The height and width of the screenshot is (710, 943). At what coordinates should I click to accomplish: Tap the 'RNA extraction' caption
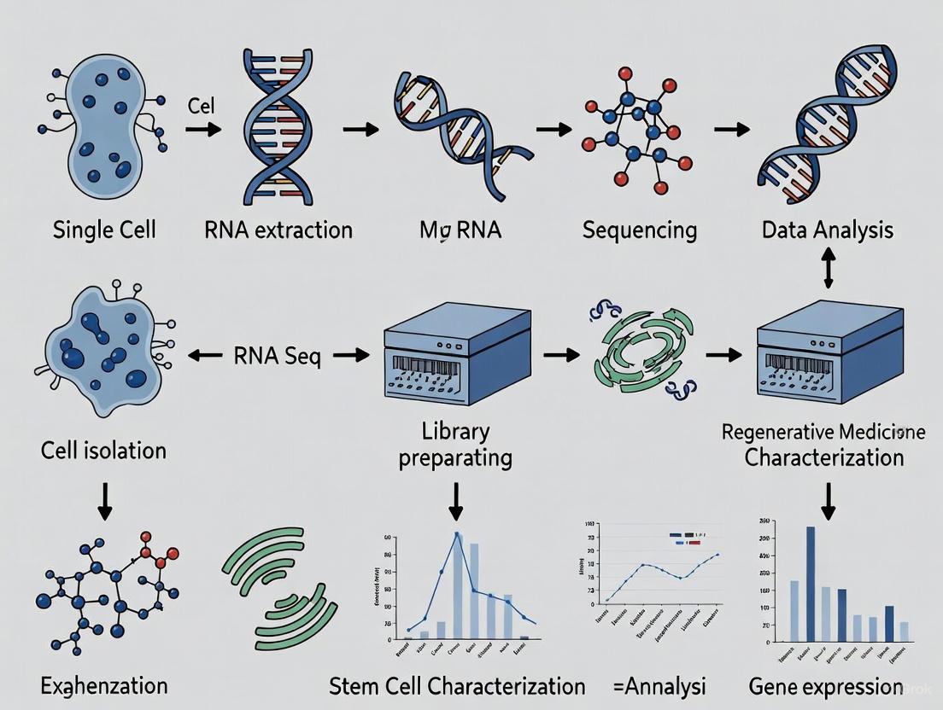(x=278, y=230)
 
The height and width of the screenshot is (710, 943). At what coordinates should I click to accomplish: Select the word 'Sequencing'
(x=640, y=230)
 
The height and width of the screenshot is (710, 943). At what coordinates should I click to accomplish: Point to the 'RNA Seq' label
(x=278, y=355)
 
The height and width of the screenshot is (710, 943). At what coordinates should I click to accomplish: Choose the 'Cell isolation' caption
(x=103, y=450)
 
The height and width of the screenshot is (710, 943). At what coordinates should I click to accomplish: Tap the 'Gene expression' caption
(x=825, y=687)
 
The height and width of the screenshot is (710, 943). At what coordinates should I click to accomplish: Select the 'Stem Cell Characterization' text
(x=458, y=687)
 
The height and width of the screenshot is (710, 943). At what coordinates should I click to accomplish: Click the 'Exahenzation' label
(x=103, y=685)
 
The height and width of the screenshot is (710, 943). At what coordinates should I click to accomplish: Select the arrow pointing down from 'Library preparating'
(x=456, y=501)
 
